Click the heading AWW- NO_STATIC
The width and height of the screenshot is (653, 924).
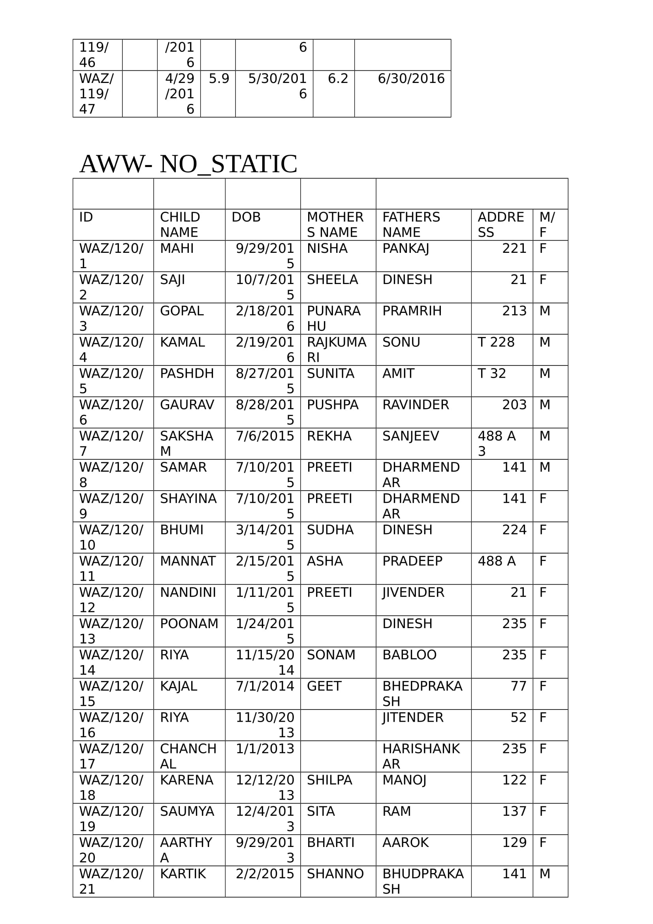(x=188, y=164)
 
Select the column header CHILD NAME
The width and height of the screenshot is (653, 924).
(x=180, y=224)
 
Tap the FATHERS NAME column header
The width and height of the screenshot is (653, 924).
(x=411, y=224)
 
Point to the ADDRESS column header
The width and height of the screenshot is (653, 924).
(x=501, y=224)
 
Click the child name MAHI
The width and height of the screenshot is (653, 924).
(x=177, y=248)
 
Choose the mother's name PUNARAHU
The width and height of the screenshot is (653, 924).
(x=333, y=318)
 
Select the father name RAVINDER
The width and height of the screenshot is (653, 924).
(x=415, y=405)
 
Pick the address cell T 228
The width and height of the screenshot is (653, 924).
(x=496, y=342)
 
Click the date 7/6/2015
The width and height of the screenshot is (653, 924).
(x=265, y=436)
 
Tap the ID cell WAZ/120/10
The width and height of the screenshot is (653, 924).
(x=111, y=537)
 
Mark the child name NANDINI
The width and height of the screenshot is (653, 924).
(x=188, y=593)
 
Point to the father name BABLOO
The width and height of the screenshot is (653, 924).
(x=409, y=655)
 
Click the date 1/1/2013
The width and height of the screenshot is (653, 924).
(x=265, y=749)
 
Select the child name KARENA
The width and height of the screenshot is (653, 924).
(x=186, y=780)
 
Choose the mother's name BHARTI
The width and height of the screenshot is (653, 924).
(x=330, y=842)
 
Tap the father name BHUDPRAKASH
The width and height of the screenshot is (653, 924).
(x=422, y=881)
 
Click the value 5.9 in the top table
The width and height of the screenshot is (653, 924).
(x=219, y=79)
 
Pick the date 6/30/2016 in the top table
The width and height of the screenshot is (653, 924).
(x=411, y=79)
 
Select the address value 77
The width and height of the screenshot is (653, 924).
(x=518, y=686)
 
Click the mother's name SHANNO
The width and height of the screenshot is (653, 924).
(x=335, y=874)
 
